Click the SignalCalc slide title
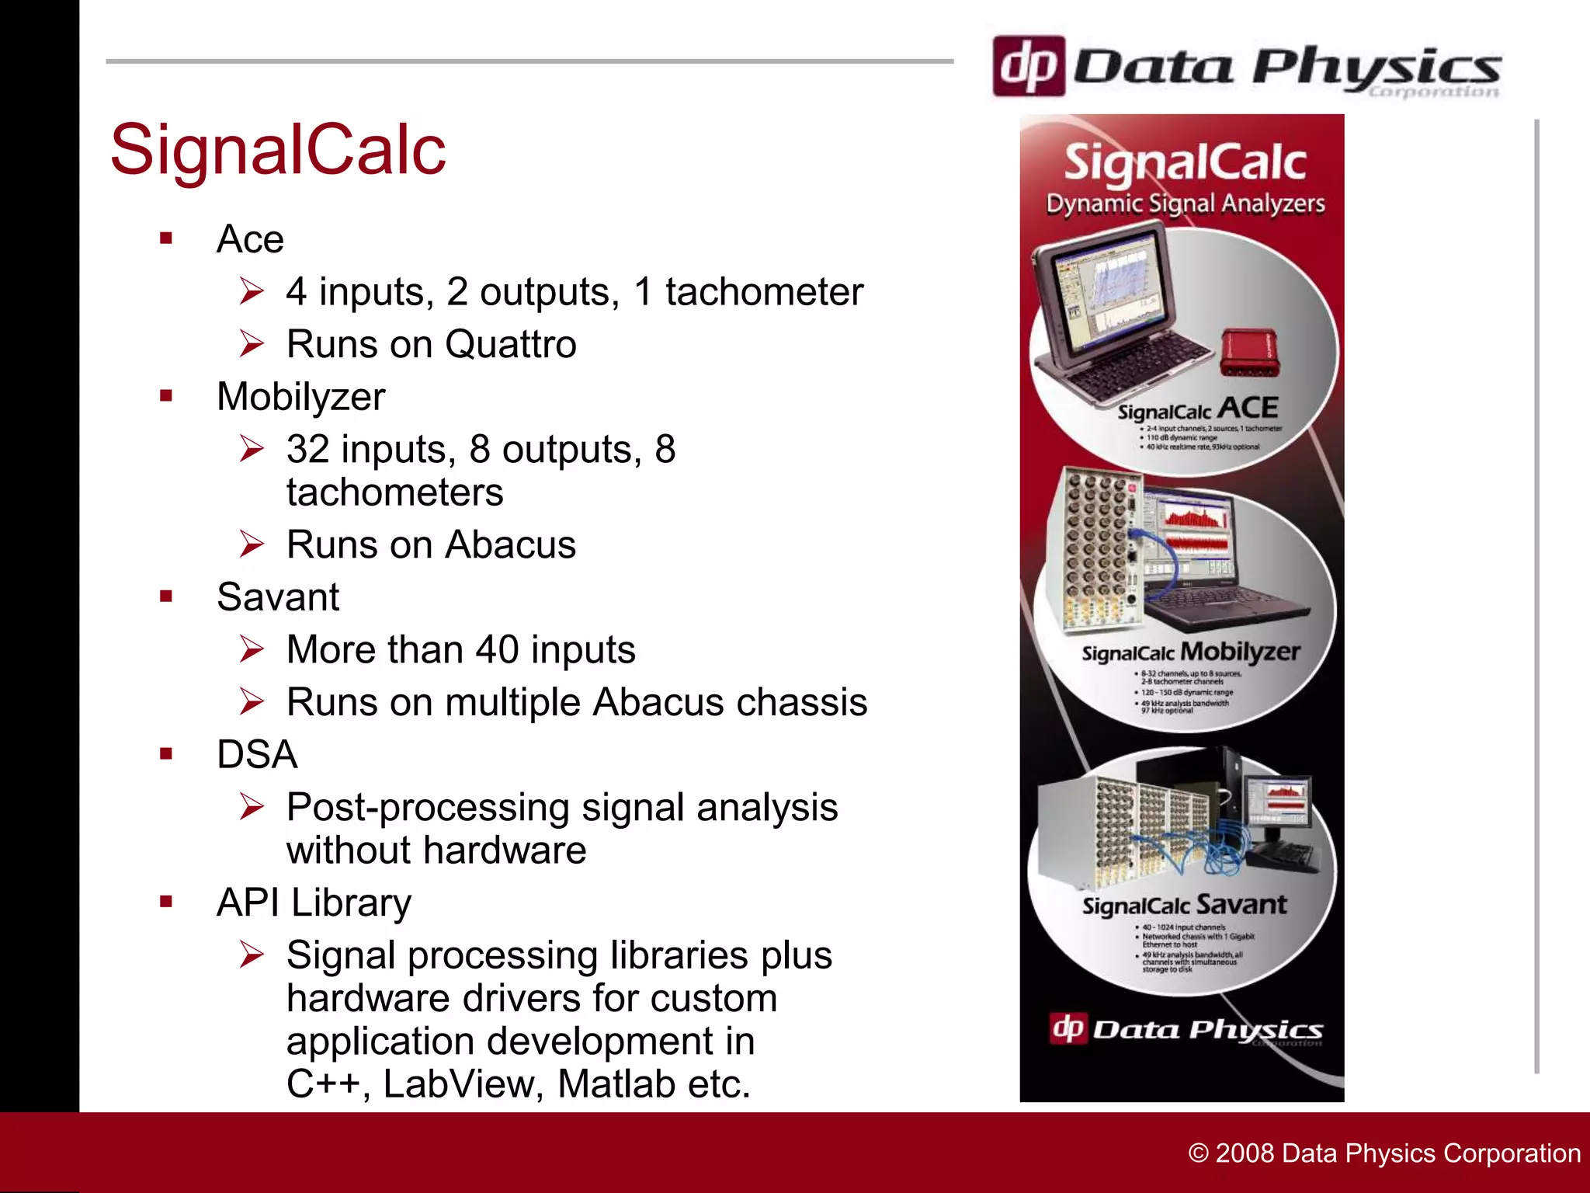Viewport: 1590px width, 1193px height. [278, 149]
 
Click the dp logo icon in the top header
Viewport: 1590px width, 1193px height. [1028, 67]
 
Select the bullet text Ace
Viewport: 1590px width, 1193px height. [250, 239]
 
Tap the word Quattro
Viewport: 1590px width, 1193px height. [511, 344]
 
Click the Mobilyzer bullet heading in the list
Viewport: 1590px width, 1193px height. [301, 397]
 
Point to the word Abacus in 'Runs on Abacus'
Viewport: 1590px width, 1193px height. [511, 544]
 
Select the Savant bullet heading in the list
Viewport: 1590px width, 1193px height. [278, 597]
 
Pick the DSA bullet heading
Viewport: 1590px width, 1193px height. [257, 755]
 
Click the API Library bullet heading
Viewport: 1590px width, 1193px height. [314, 903]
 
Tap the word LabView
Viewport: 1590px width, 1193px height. [463, 1084]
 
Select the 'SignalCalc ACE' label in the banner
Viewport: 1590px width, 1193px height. [1197, 409]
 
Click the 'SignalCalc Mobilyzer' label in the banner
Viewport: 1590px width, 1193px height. [1190, 652]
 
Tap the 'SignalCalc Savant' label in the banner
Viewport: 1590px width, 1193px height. [1184, 905]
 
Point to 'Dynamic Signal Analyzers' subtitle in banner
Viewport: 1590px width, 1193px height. [1185, 203]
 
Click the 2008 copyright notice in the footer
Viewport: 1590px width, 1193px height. [1384, 1153]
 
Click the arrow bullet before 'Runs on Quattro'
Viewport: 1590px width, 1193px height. [252, 343]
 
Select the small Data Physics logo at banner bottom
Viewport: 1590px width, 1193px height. [1185, 1030]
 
